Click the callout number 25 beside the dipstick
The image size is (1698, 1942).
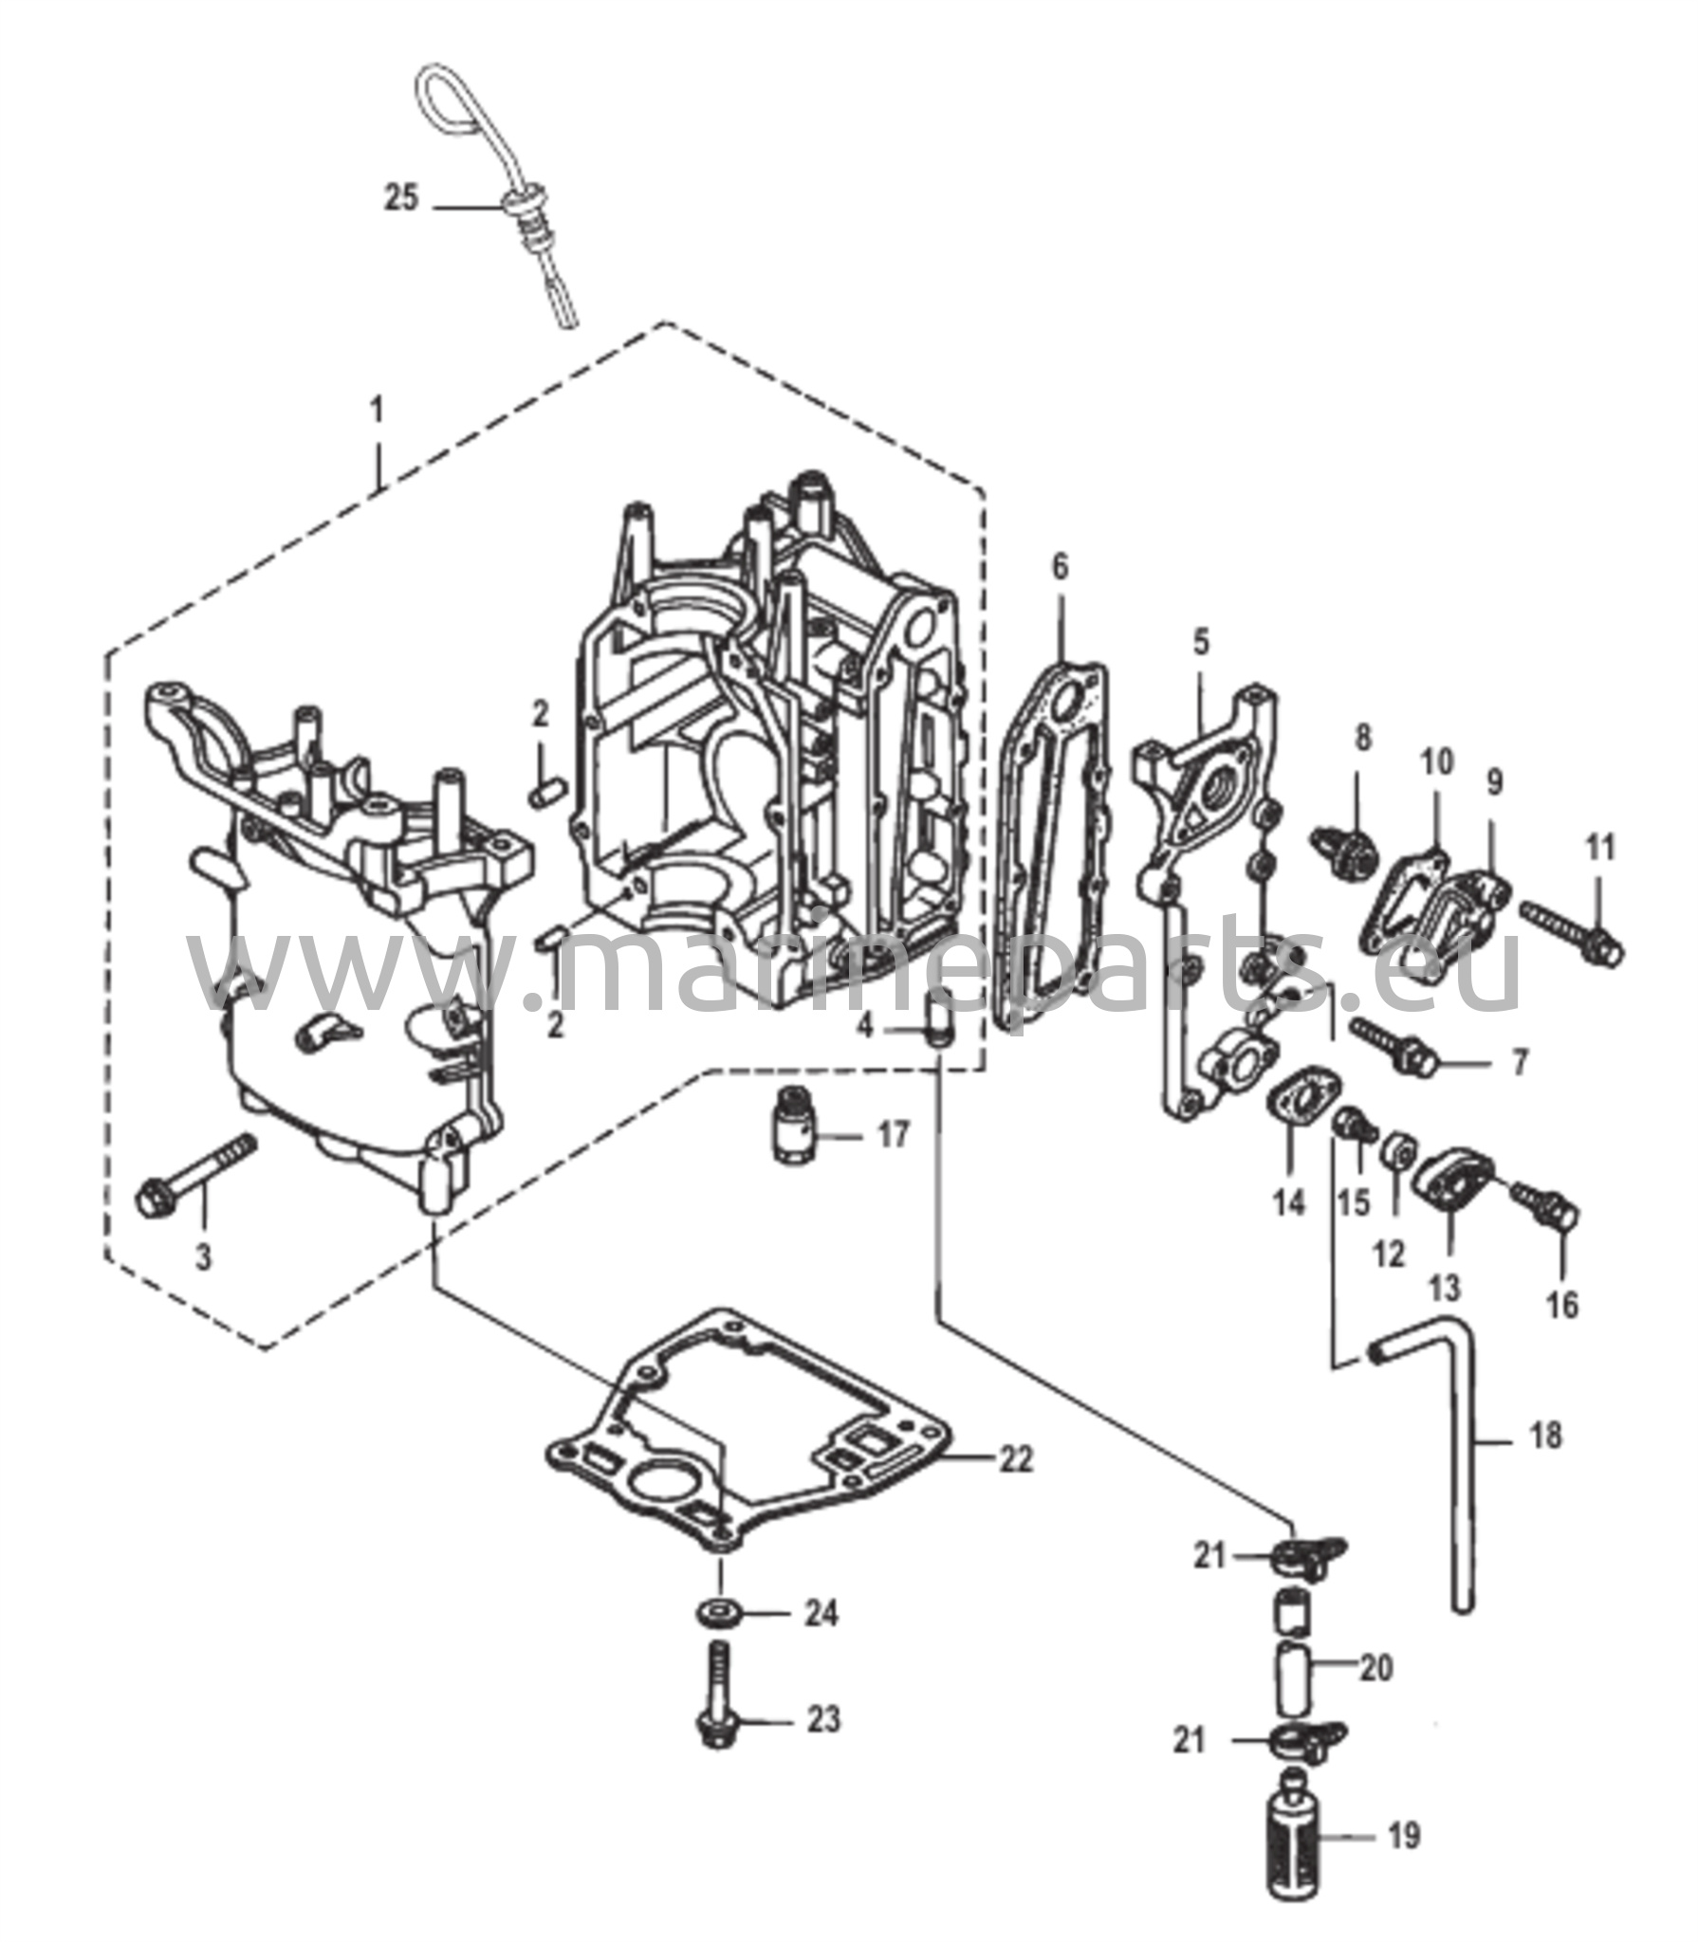coord(401,200)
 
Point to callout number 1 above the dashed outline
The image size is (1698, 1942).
coord(378,412)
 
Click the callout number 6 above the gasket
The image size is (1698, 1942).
coord(1059,568)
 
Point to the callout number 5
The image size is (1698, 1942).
coord(1201,644)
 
